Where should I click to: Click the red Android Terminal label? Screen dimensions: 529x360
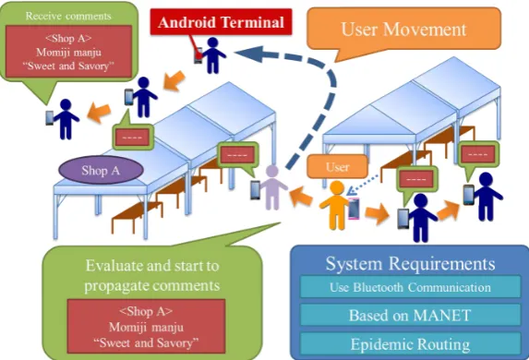221,22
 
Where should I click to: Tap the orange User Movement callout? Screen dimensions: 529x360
403,30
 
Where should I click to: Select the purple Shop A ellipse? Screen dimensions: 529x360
101,170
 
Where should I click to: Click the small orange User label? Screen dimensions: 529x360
337,167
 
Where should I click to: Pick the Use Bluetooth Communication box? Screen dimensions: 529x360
410,287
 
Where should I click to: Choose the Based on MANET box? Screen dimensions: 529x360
410,315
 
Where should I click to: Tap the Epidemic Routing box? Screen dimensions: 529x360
410,344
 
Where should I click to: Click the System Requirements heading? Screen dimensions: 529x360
410,263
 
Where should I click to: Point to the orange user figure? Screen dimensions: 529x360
335,205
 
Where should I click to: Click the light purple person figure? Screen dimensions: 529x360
273,187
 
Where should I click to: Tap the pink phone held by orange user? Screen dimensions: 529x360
354,209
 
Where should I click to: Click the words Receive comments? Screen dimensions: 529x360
68,16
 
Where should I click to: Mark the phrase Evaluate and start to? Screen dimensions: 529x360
152,266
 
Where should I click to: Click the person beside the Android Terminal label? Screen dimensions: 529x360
212,55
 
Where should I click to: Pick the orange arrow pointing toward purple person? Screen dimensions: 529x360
301,197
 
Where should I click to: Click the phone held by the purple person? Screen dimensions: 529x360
256,190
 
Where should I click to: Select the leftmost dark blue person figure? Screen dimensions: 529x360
66,119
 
